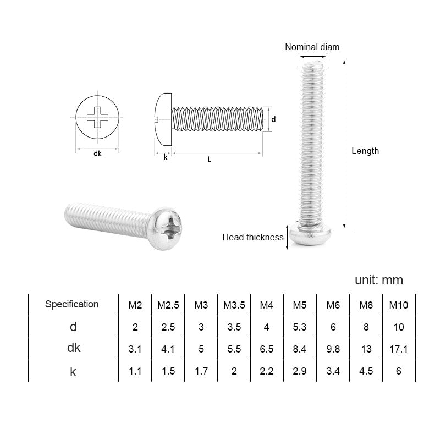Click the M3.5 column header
(234, 305)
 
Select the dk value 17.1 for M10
(399, 349)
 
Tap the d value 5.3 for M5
(300, 327)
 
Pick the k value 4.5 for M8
(366, 371)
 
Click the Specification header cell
(72, 304)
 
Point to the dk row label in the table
(73, 348)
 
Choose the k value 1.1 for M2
(135, 371)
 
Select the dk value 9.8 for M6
(333, 349)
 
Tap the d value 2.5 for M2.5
(168, 327)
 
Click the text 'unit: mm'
(379, 280)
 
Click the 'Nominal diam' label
(312, 47)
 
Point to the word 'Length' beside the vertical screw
(365, 151)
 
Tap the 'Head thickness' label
(253, 238)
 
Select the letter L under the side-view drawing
(210, 159)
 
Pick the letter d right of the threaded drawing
(273, 119)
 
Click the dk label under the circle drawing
(97, 154)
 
